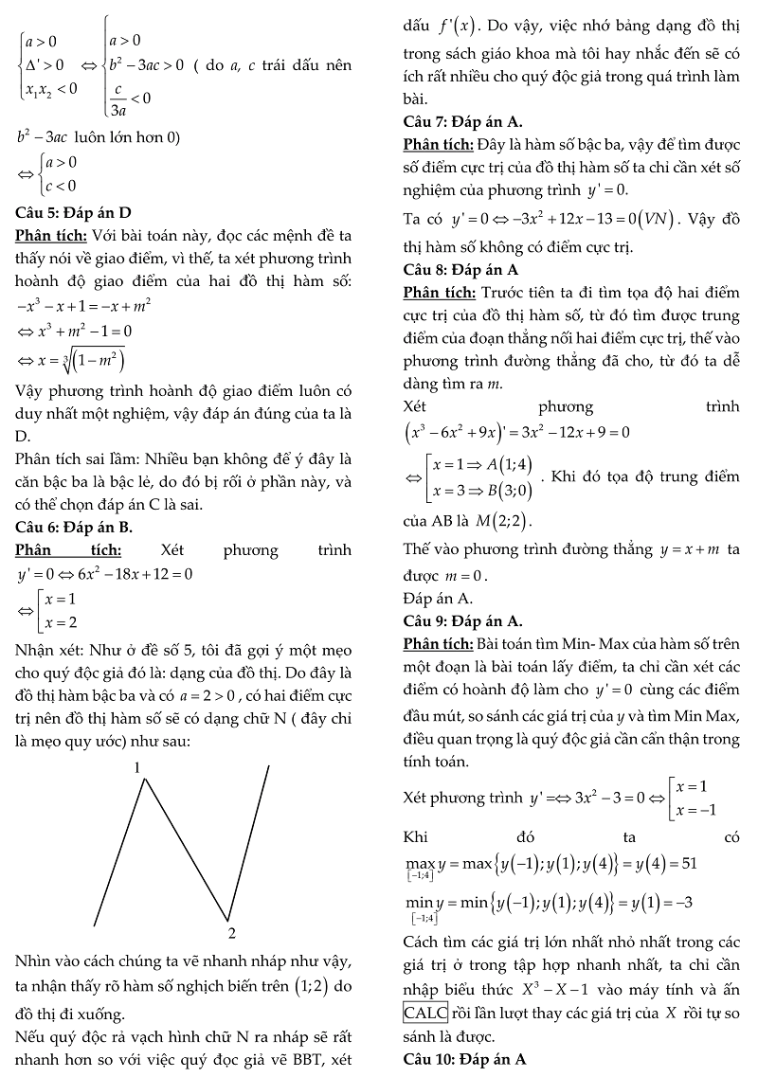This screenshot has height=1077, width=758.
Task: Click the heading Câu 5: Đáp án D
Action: (x=74, y=211)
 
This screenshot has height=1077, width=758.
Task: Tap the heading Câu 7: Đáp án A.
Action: (x=462, y=121)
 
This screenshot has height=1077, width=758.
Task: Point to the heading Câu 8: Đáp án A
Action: (x=462, y=270)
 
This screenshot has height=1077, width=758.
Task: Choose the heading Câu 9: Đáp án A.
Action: (x=462, y=621)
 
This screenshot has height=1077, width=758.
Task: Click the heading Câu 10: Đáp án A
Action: (x=465, y=1058)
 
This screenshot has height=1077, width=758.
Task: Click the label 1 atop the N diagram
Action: (x=137, y=766)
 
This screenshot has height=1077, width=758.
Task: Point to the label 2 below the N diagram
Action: (x=230, y=932)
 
